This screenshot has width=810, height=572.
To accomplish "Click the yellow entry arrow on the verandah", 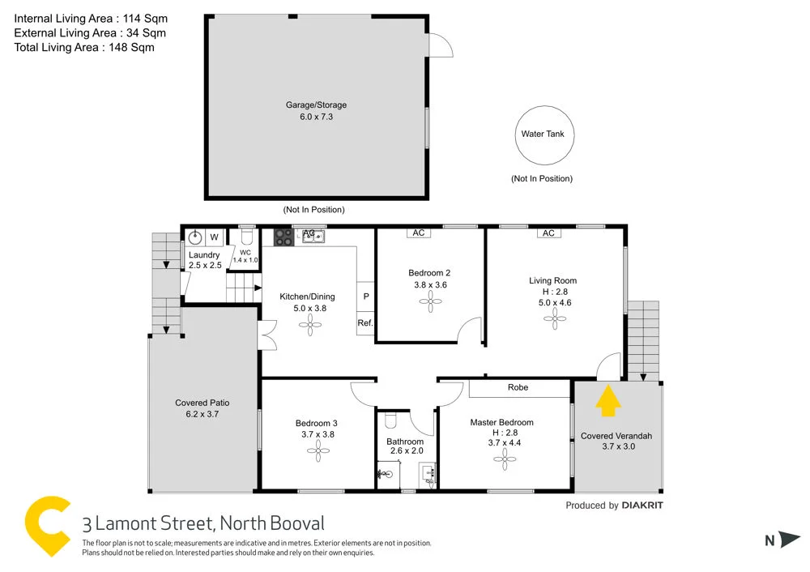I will click(x=608, y=401).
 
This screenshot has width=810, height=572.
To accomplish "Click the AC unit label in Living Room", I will click(x=548, y=233).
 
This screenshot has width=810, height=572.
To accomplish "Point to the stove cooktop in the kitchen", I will click(x=283, y=237).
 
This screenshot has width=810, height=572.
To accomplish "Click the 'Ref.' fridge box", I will click(x=365, y=324).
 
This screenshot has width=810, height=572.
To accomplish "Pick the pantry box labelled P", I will click(x=365, y=297).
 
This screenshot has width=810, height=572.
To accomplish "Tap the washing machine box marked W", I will click(x=214, y=237).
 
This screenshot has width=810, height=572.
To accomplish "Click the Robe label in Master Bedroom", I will click(x=518, y=387).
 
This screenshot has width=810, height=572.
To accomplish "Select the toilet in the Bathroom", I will click(x=390, y=420).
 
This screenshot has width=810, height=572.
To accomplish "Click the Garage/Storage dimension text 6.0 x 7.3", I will click(x=317, y=117).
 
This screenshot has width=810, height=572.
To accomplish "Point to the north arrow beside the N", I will click(x=791, y=540).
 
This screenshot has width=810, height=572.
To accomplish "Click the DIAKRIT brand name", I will click(x=642, y=506).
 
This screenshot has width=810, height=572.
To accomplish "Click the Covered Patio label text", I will click(x=202, y=403).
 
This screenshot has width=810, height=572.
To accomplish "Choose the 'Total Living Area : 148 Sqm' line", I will click(x=84, y=47).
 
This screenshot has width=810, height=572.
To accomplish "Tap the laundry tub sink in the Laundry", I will click(x=194, y=237).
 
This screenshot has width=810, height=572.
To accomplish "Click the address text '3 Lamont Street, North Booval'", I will click(x=203, y=523).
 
